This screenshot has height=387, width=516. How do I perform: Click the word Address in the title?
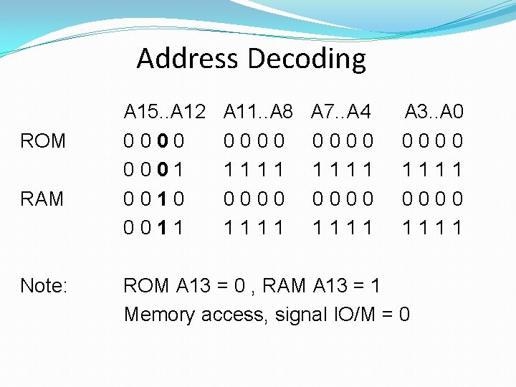point(187,58)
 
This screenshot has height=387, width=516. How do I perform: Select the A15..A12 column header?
point(165,112)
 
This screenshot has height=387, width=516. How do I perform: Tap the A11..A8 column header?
point(259,112)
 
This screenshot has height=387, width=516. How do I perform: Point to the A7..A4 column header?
point(341,112)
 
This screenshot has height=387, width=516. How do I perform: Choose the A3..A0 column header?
point(434,112)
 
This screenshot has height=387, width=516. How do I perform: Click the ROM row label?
point(43,141)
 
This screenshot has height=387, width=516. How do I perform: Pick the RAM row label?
point(42,199)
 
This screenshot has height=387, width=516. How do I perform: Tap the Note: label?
point(44,286)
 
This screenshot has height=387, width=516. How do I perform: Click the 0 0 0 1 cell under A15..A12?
point(153,170)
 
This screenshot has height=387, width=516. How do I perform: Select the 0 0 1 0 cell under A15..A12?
point(153,199)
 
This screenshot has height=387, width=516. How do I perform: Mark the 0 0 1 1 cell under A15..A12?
point(153,228)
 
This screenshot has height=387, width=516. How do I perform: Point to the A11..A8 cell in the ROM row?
point(254,141)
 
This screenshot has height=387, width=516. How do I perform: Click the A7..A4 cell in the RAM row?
point(343,199)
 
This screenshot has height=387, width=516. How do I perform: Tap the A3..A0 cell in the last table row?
point(433,228)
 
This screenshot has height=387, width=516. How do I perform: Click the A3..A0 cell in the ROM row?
point(433,141)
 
